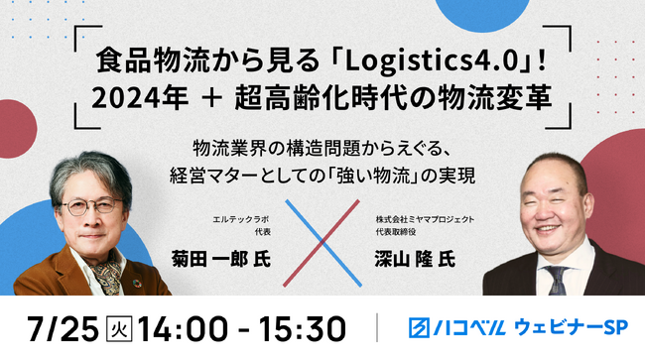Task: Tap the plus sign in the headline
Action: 212,99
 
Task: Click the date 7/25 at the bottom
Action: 64,329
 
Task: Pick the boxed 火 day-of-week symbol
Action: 119,329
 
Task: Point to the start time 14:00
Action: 183,329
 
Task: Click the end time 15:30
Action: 302,329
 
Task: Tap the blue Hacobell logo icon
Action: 419,327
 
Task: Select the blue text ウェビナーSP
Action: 571,327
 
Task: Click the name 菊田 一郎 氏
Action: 221,260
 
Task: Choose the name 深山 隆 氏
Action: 415,260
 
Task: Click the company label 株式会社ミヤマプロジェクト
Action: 425,219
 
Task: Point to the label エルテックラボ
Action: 241,219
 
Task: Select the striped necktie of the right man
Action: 558,280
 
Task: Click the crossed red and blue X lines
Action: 322,243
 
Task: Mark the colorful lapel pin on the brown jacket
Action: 137,284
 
